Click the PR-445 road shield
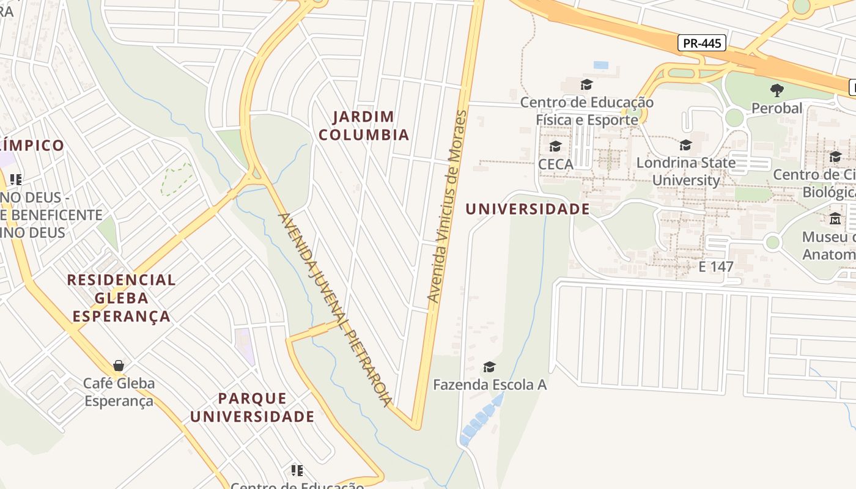pyautogui.click(x=702, y=43)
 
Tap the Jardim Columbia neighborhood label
pyautogui.click(x=364, y=125)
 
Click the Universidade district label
pyautogui.click(x=528, y=209)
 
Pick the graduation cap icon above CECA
pyautogui.click(x=555, y=146)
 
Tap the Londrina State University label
pyautogui.click(x=686, y=172)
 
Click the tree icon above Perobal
pyautogui.click(x=777, y=90)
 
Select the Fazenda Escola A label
pyautogui.click(x=489, y=385)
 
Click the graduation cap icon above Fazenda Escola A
pyautogui.click(x=489, y=367)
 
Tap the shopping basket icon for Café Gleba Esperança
pyautogui.click(x=119, y=366)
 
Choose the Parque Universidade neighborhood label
pyautogui.click(x=252, y=408)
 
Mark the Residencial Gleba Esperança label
pyautogui.click(x=121, y=298)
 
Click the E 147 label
pyautogui.click(x=716, y=267)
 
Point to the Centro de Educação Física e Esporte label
pyautogui.click(x=587, y=111)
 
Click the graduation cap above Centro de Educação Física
pyautogui.click(x=587, y=84)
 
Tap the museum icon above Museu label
pyautogui.click(x=835, y=218)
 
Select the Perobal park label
pyautogui.click(x=777, y=109)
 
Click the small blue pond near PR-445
pyautogui.click(x=601, y=65)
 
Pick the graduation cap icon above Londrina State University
pyautogui.click(x=686, y=145)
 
